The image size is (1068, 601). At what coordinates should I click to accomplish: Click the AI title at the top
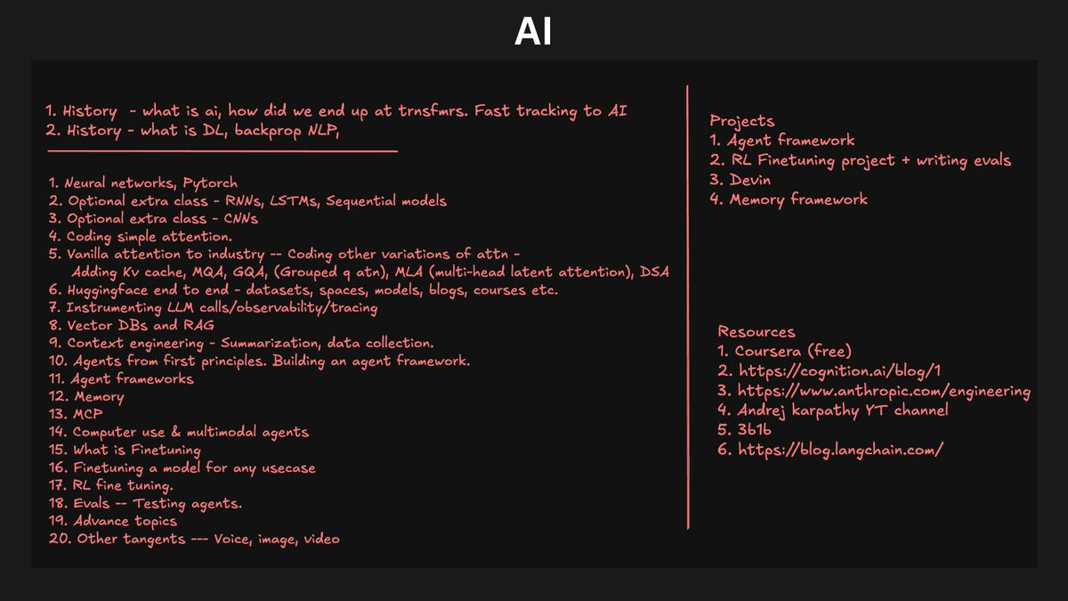[533, 31]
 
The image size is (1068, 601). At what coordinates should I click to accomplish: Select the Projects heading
[741, 121]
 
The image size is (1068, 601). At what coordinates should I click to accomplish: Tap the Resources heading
[756, 332]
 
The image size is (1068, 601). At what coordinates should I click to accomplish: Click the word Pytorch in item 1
[210, 183]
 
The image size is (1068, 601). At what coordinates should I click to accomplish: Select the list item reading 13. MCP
[74, 414]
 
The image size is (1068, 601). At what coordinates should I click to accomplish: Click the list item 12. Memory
[86, 396]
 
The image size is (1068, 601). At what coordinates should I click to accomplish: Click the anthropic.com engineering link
[873, 391]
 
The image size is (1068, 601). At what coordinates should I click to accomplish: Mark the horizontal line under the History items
[222, 151]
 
